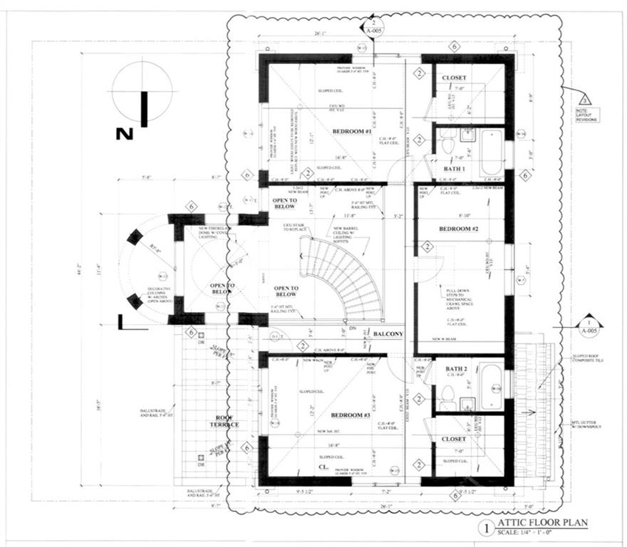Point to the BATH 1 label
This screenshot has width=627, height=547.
[x=455, y=169]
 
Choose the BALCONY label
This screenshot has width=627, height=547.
[x=388, y=334]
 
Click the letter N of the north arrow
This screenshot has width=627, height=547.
[x=125, y=133]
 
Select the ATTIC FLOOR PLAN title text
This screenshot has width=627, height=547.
[x=542, y=523]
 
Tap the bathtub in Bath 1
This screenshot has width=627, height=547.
[x=492, y=151]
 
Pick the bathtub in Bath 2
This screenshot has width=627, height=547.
[x=492, y=383]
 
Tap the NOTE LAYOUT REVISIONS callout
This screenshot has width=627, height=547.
[x=588, y=115]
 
